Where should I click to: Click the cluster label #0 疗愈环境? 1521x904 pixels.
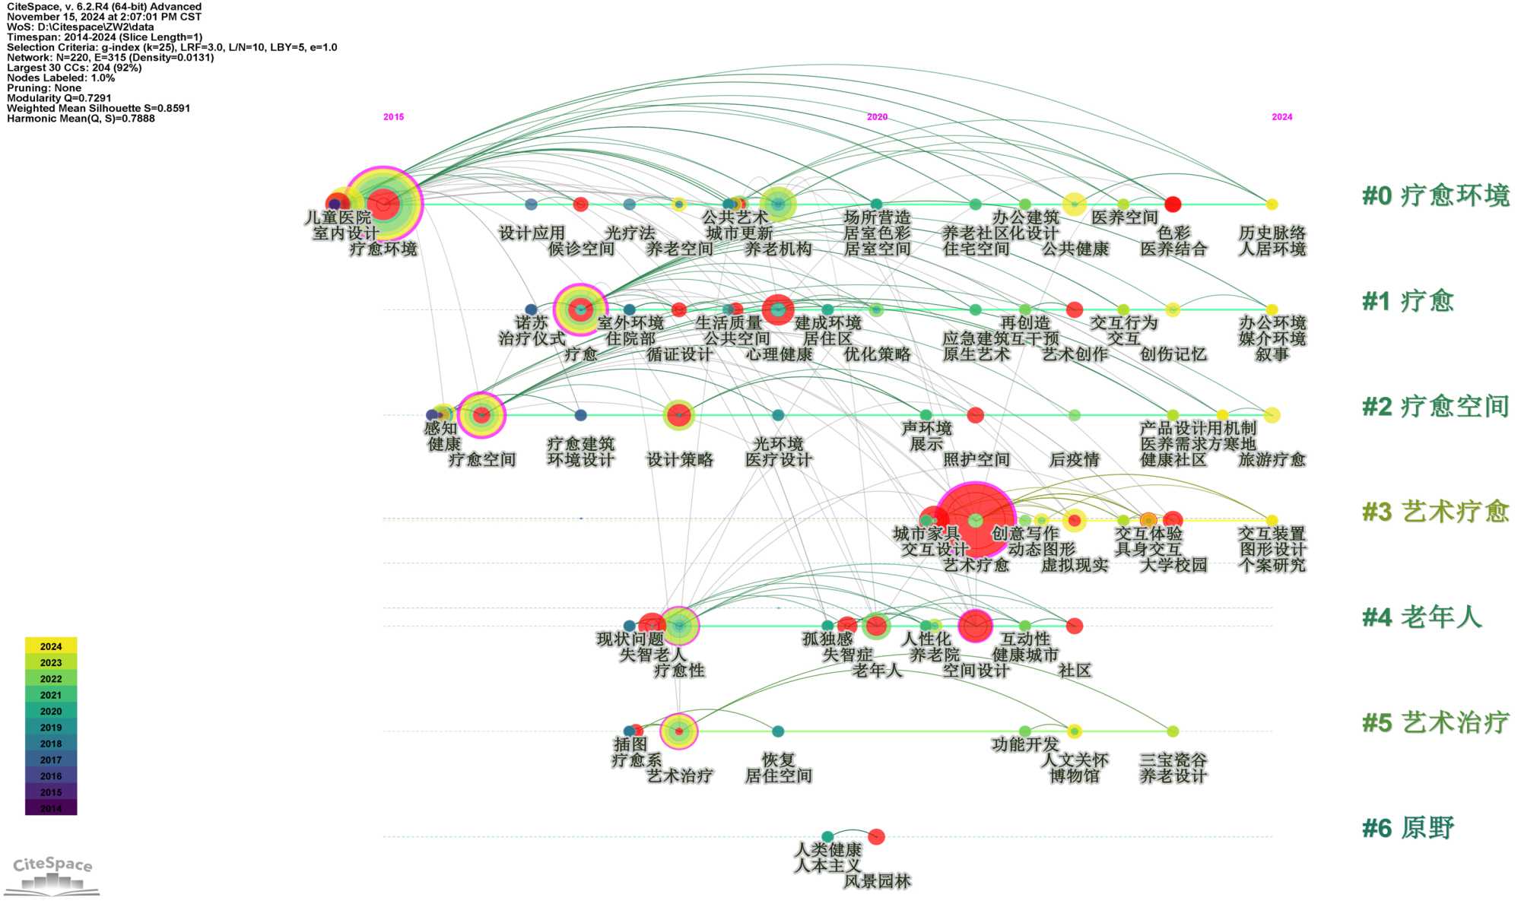pyautogui.click(x=1435, y=195)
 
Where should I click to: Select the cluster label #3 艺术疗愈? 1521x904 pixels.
pyautogui.click(x=1435, y=512)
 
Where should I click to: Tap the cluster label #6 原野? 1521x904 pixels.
pyautogui.click(x=1408, y=828)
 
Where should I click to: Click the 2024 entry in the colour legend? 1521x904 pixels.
pyautogui.click(x=51, y=646)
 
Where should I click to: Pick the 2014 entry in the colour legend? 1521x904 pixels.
pyautogui.click(x=51, y=808)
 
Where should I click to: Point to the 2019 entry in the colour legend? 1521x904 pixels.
pyautogui.click(x=51, y=728)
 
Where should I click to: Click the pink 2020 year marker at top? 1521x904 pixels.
pyautogui.click(x=877, y=117)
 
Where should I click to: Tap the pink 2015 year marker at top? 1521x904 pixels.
pyautogui.click(x=393, y=117)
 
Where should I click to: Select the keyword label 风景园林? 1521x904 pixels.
pyautogui.click(x=877, y=882)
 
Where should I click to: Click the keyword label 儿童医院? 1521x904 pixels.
pyautogui.click(x=338, y=217)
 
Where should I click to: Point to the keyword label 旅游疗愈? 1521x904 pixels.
pyautogui.click(x=1272, y=460)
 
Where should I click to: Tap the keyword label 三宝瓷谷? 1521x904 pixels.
pyautogui.click(x=1173, y=760)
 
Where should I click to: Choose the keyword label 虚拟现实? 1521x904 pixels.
pyautogui.click(x=1074, y=565)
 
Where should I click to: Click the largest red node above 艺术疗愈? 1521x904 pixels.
pyautogui.click(x=976, y=520)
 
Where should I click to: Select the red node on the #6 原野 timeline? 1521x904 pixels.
pyautogui.click(x=876, y=836)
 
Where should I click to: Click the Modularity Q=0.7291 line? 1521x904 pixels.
pyautogui.click(x=59, y=98)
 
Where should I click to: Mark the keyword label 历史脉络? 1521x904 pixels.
pyautogui.click(x=1272, y=233)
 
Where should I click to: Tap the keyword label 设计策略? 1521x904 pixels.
pyautogui.click(x=679, y=460)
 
